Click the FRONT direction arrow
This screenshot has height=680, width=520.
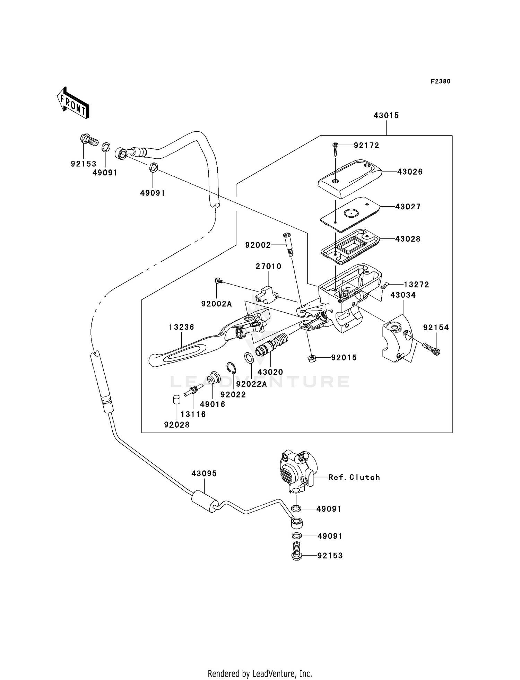(73, 103)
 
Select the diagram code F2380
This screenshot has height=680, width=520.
(440, 81)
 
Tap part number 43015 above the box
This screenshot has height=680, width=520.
(386, 115)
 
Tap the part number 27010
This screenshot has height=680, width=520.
(268, 266)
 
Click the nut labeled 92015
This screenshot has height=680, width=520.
(312, 358)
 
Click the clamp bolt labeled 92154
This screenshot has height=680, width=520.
(431, 348)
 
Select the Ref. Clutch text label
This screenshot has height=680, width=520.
(354, 477)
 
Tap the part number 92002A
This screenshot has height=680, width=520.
(216, 304)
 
